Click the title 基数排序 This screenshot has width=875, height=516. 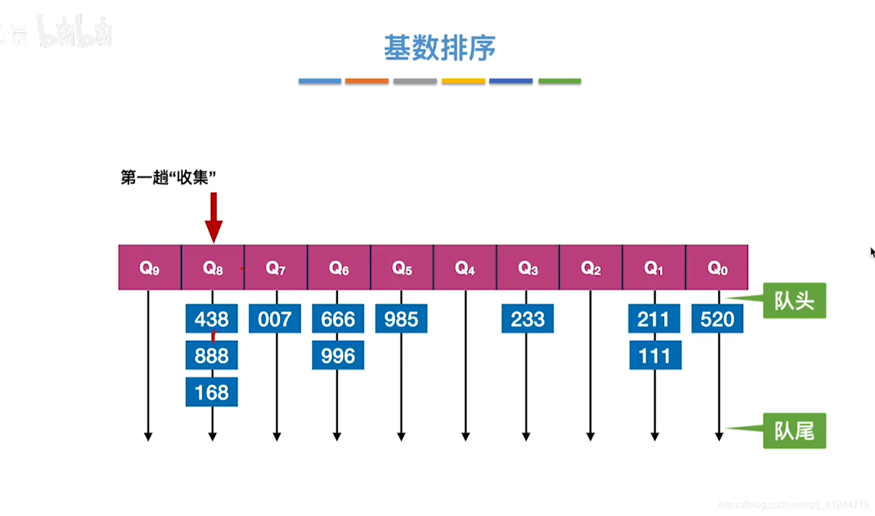[439, 48]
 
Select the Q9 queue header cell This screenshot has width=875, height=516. [150, 268]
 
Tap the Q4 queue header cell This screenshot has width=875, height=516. [465, 268]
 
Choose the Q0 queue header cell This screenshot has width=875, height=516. [717, 268]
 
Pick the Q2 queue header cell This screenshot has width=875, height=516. [591, 268]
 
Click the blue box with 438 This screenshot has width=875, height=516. [211, 319]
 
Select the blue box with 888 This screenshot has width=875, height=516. [211, 355]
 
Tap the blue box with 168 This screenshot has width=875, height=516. [211, 392]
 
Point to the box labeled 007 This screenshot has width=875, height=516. [275, 319]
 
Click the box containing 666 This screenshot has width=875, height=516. [338, 319]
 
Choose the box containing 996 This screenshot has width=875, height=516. [338, 355]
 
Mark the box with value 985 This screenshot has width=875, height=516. [401, 319]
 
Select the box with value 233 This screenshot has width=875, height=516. [527, 319]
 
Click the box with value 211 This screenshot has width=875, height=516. [654, 319]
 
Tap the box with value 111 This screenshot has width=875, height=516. [655, 355]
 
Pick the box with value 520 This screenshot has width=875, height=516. [717, 319]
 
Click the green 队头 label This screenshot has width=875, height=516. [795, 301]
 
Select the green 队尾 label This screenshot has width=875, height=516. [795, 430]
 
